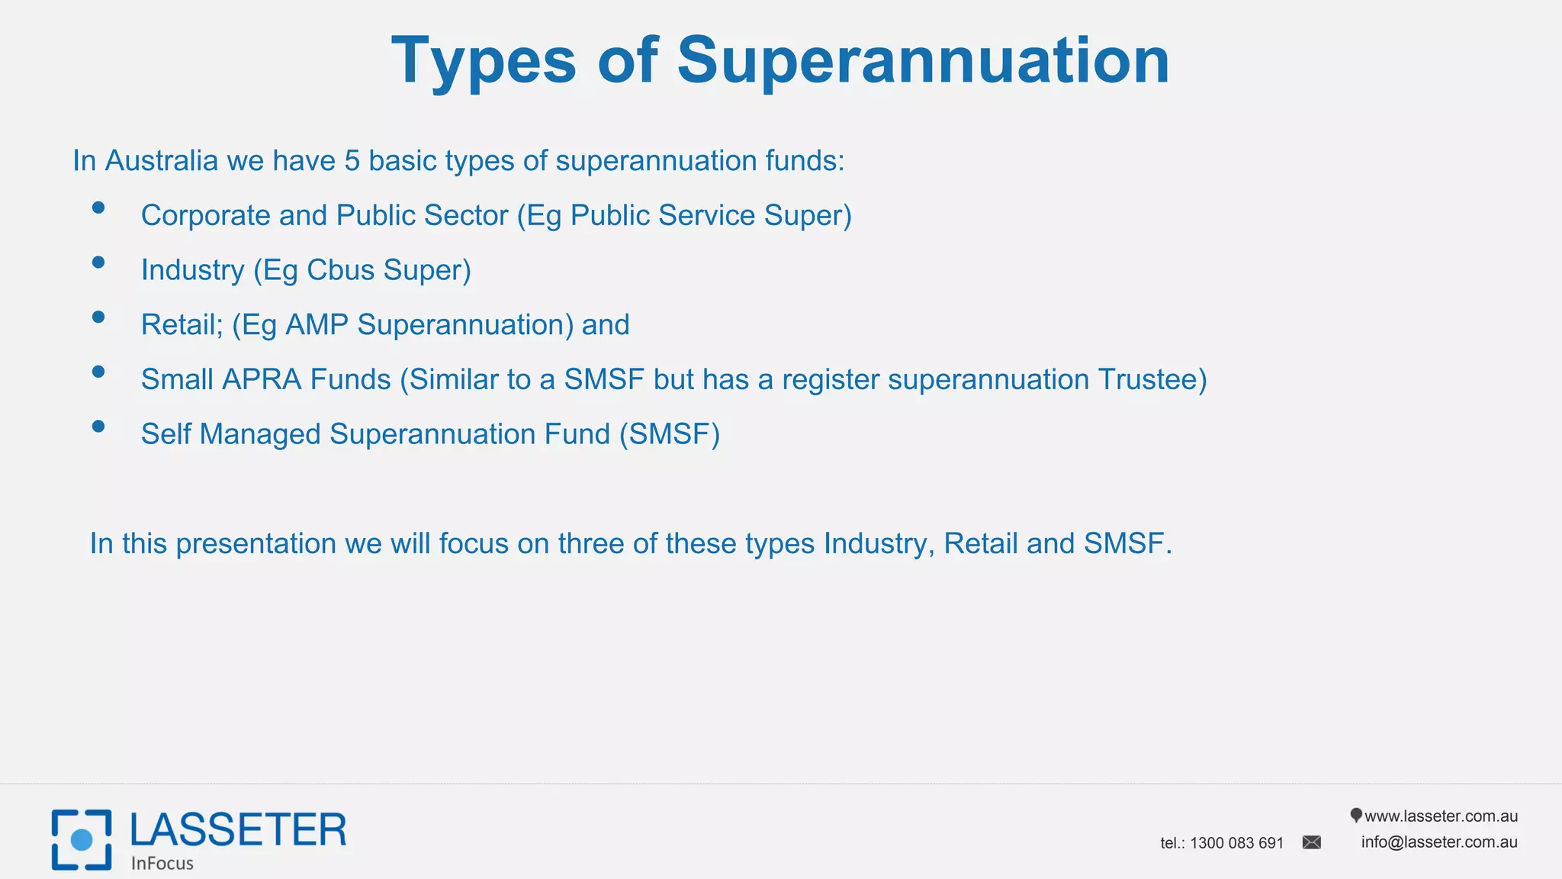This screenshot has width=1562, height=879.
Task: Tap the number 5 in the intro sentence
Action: coord(352,161)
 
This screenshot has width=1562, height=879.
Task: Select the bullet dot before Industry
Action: coord(98,262)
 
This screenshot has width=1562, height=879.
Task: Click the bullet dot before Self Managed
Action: coord(98,427)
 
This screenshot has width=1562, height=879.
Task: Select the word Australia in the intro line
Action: coord(161,161)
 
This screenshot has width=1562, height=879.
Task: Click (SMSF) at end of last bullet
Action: coord(669,434)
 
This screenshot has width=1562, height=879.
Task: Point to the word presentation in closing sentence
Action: coord(256,544)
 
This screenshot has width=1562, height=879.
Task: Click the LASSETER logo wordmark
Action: coord(238,830)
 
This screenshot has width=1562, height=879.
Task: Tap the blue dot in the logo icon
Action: coord(82,840)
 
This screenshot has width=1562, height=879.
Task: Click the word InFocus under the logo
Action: coord(162,864)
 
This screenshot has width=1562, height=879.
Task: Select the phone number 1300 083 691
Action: coord(1236,843)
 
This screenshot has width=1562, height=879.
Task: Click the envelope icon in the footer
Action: coord(1311,842)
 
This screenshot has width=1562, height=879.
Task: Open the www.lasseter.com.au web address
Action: coord(1440,816)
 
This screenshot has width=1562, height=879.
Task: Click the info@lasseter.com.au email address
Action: coord(1438,842)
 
